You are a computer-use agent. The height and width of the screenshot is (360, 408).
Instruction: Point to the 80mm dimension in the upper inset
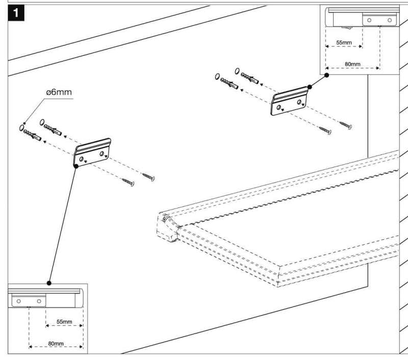pyautogui.click(x=352, y=64)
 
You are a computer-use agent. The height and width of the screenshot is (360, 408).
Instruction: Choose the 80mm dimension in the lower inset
pyautogui.click(x=56, y=344)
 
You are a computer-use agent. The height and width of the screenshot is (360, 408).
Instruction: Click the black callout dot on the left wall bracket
pyautogui.click(x=75, y=165)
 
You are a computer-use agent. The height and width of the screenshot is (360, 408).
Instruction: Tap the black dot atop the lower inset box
pyautogui.click(x=49, y=282)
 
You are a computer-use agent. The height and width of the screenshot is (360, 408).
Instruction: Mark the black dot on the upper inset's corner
pyautogui.click(x=327, y=74)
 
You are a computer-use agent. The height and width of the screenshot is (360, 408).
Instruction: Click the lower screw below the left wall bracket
pyautogui.click(x=126, y=180)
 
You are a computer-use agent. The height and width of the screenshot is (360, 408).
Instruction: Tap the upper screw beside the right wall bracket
pyautogui.click(x=345, y=124)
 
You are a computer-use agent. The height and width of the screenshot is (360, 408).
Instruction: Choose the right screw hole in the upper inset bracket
pyautogui.click(x=390, y=20)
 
